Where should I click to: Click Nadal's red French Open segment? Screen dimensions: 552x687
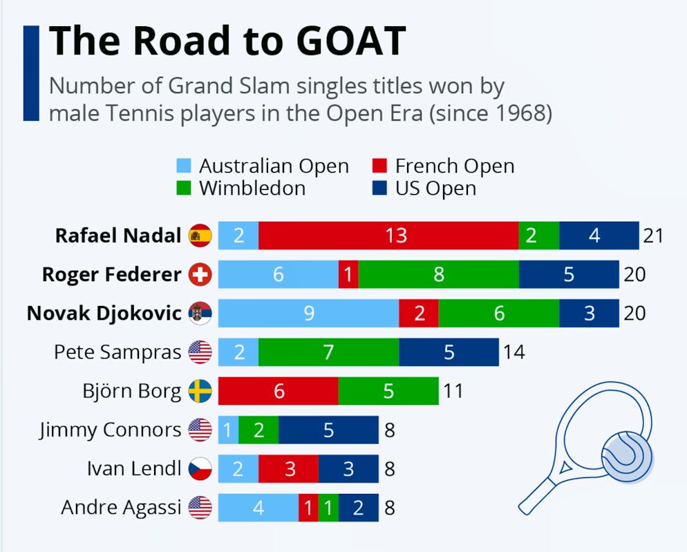point(388,236)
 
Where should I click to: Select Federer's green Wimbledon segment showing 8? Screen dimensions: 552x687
point(438,274)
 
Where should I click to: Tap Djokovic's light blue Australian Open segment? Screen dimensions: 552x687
point(308,313)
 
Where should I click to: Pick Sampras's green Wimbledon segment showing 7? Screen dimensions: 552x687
point(328,352)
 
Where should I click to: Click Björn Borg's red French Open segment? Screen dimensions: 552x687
point(279,391)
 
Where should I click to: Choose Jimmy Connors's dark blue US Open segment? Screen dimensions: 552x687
point(328,430)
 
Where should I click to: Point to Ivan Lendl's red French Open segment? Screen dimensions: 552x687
point(289,469)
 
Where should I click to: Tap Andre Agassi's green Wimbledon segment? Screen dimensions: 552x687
point(328,508)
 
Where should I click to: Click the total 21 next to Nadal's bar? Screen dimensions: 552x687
point(652,236)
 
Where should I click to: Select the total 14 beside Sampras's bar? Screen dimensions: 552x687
point(514,352)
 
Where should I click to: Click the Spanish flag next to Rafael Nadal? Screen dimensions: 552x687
point(200,236)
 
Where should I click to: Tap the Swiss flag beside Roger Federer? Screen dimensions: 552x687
point(200,274)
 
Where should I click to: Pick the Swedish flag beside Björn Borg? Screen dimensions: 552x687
point(200,391)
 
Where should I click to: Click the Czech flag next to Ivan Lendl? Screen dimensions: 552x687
point(200,469)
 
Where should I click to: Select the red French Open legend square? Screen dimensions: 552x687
point(379,166)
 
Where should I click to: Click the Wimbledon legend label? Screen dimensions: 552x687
point(252,189)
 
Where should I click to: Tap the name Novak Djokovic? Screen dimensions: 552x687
point(104,313)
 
